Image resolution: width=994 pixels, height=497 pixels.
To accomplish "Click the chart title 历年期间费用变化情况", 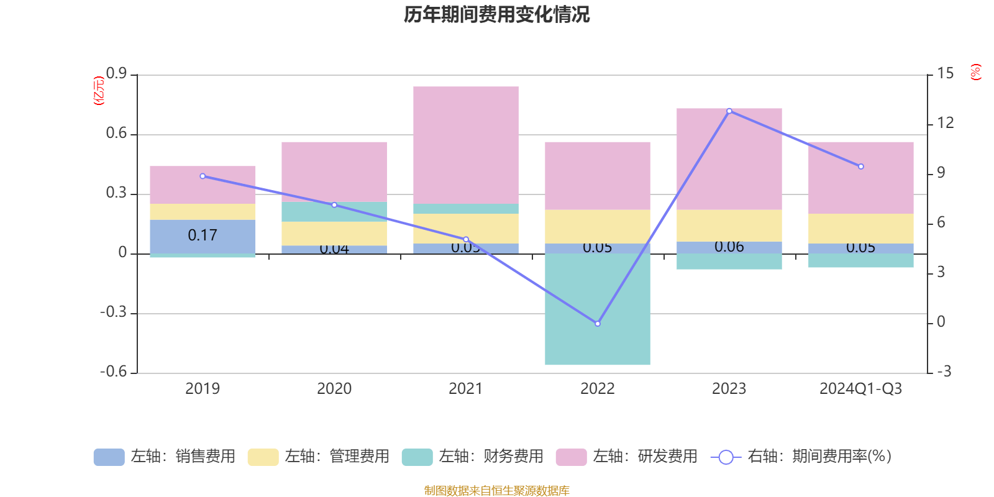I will tap(496, 14).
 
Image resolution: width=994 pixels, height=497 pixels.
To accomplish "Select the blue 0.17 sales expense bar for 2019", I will tap(203, 236).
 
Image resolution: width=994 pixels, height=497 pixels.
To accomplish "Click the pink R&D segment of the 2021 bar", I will tap(465, 144).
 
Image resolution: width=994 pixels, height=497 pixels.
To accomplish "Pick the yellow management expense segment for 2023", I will tap(729, 226).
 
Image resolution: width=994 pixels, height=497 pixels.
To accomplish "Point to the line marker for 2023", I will tap(729, 111).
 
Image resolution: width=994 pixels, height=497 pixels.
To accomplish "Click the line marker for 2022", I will tap(598, 324).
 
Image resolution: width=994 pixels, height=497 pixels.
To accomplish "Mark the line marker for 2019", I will tap(203, 176).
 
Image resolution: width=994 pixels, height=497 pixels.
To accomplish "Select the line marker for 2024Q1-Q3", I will tap(860, 166).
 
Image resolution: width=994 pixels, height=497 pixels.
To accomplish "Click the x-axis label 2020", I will tap(334, 389).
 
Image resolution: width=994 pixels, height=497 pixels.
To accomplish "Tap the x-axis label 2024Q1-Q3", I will tap(860, 389).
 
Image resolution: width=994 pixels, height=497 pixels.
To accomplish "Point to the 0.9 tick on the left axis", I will tap(116, 74).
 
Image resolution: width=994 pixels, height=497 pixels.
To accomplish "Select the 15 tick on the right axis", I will tap(945, 74).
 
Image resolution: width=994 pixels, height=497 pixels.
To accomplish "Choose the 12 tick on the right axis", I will tap(945, 123).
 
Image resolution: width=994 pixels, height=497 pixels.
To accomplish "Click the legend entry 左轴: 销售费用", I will tap(165, 457).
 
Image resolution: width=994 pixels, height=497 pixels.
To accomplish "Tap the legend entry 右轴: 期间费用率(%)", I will tap(801, 457).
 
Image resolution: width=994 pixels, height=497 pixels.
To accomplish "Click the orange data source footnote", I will tap(496, 491).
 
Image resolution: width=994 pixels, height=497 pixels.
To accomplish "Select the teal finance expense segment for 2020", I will tap(334, 212).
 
